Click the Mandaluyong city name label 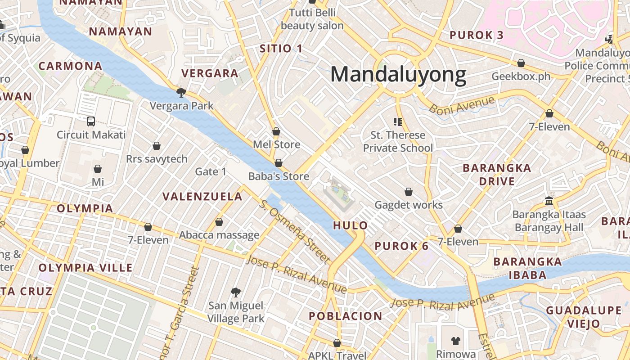[398, 75]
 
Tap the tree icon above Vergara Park [181, 93]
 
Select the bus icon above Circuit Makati [91, 121]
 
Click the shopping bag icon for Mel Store [276, 131]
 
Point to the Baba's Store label [279, 176]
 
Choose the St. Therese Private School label [398, 141]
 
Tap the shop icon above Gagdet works [409, 192]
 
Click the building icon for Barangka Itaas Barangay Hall [549, 201]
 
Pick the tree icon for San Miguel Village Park [235, 292]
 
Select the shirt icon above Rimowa [456, 341]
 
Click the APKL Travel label [337, 355]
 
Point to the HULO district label [351, 225]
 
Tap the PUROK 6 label [402, 246]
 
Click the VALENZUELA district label [202, 197]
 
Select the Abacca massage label [219, 235]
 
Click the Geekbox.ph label [521, 76]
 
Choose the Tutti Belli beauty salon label [312, 19]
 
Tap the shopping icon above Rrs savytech [157, 146]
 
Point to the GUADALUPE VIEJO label [583, 317]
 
